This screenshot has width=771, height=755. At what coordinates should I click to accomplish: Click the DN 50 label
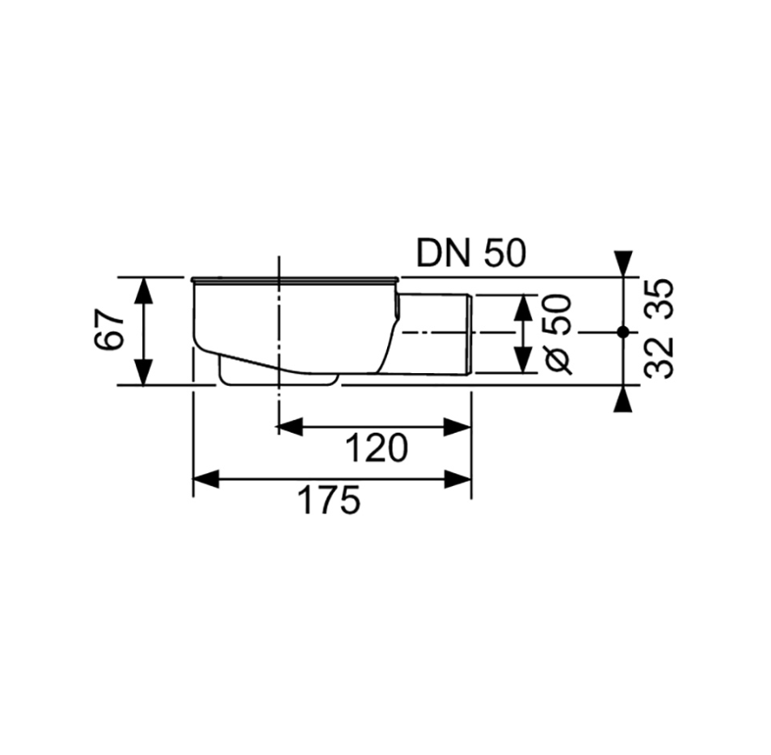point(471,254)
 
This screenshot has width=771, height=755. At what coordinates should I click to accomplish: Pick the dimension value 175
point(329,501)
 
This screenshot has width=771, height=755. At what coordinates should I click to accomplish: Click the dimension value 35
point(660,300)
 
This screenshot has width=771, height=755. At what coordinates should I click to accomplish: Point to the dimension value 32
point(660,358)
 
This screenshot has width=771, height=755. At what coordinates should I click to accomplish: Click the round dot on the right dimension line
point(622,332)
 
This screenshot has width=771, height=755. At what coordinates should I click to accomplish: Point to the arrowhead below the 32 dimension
point(622,399)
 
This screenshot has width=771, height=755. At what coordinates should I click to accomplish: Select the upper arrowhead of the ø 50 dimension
point(524,307)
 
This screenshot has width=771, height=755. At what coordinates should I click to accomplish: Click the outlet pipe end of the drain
point(466,333)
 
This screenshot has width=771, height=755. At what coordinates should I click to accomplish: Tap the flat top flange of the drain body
point(294,279)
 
